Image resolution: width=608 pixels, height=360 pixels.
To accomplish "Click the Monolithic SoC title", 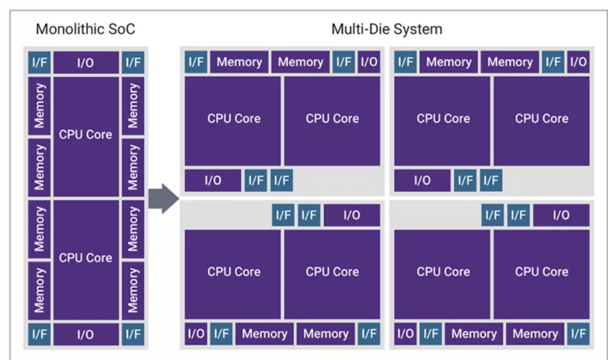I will [85, 29].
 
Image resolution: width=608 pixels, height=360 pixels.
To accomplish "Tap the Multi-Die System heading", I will [387, 29].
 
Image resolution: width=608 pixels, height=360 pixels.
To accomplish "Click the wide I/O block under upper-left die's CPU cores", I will [213, 181].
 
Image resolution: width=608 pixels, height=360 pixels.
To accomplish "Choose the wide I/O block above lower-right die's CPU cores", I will [560, 215].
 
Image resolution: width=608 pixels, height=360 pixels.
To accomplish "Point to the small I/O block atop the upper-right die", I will [578, 62].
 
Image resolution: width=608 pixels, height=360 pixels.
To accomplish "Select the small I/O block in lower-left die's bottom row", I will [195, 334].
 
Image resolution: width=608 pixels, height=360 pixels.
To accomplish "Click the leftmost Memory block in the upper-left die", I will [239, 62].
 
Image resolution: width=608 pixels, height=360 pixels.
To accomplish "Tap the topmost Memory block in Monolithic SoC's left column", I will [40, 106].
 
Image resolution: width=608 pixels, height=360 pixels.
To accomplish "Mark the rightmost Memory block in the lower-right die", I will [534, 334].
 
